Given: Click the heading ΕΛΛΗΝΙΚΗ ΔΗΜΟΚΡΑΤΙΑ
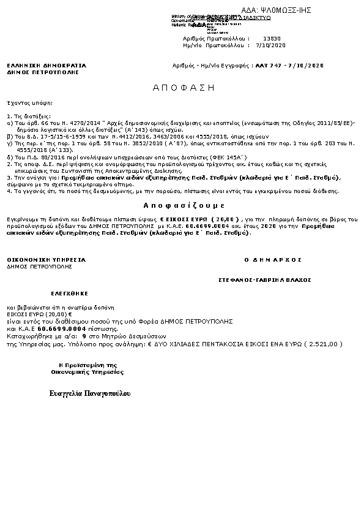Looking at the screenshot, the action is [x=46, y=65].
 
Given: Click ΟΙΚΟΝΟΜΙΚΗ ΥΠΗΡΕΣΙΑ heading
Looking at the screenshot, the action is [x=46, y=260].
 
